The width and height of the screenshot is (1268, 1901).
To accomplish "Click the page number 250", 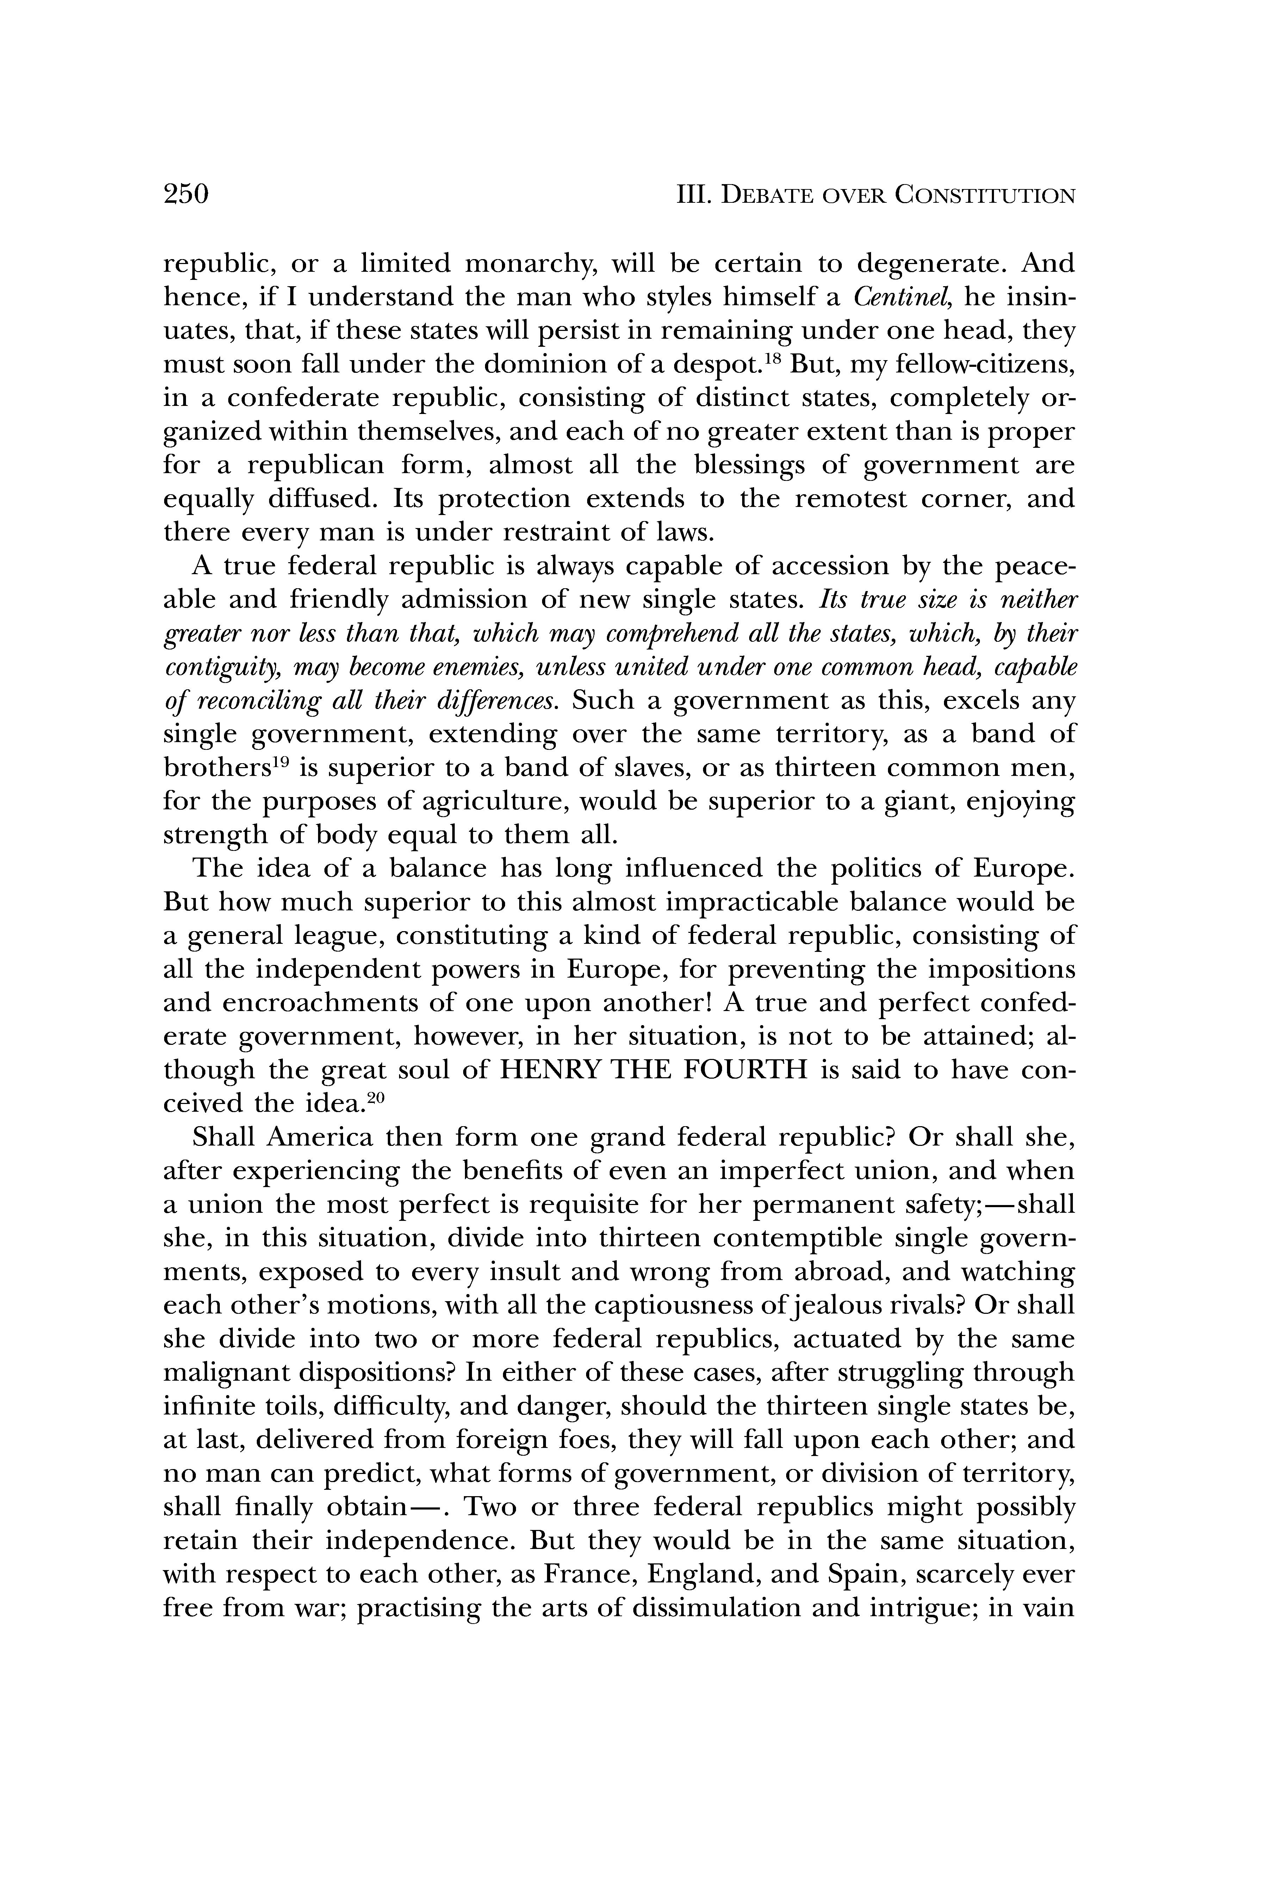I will click(x=186, y=195).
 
